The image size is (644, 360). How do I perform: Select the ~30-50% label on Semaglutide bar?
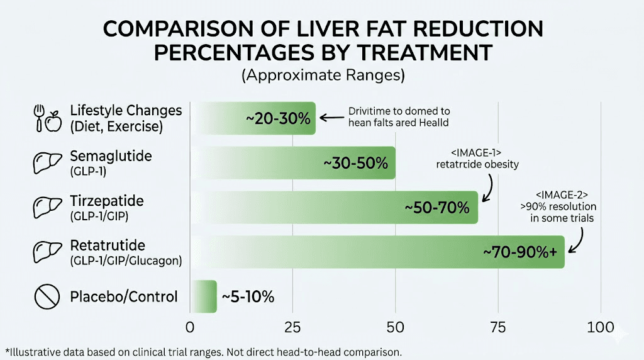pos(356,162)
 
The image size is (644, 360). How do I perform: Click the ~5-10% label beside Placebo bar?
pos(247,296)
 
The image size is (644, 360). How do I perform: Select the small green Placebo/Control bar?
pos(203,296)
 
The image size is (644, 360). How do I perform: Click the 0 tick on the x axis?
pos(190,327)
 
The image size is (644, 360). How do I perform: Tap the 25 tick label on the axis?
pos(292,327)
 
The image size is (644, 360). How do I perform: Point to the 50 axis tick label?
pos(395,327)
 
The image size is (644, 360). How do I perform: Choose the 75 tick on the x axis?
pos(498,327)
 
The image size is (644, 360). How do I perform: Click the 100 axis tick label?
pos(601,327)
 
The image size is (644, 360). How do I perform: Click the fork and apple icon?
pos(47,118)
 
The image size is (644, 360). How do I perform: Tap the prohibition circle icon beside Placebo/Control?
pos(47,297)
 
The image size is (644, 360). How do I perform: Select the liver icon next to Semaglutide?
pos(47,163)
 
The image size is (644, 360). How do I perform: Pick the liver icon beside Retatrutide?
pos(47,252)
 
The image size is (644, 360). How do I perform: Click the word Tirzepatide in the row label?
pos(107,201)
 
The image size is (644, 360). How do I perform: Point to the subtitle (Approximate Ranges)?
pos(323,76)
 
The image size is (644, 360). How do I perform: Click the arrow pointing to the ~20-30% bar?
pos(331,117)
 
